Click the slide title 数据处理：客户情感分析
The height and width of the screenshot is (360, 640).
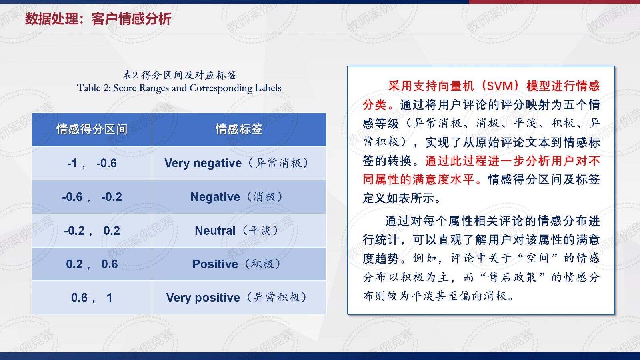(x=98, y=19)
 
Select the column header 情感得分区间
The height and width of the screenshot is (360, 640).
(x=92, y=129)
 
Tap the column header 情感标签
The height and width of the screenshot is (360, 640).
(x=239, y=129)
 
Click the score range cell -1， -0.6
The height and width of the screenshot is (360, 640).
(x=92, y=163)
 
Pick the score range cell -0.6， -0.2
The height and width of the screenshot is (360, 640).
(x=92, y=197)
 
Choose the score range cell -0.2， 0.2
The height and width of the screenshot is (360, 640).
(x=92, y=230)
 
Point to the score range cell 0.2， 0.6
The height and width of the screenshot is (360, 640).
(x=92, y=264)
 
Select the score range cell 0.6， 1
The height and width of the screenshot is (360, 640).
(x=92, y=298)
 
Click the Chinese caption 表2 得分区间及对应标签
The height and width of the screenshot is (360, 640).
(x=180, y=75)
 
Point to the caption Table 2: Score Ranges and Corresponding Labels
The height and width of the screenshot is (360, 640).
(x=179, y=88)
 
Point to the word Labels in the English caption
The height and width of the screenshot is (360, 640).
(x=268, y=88)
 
